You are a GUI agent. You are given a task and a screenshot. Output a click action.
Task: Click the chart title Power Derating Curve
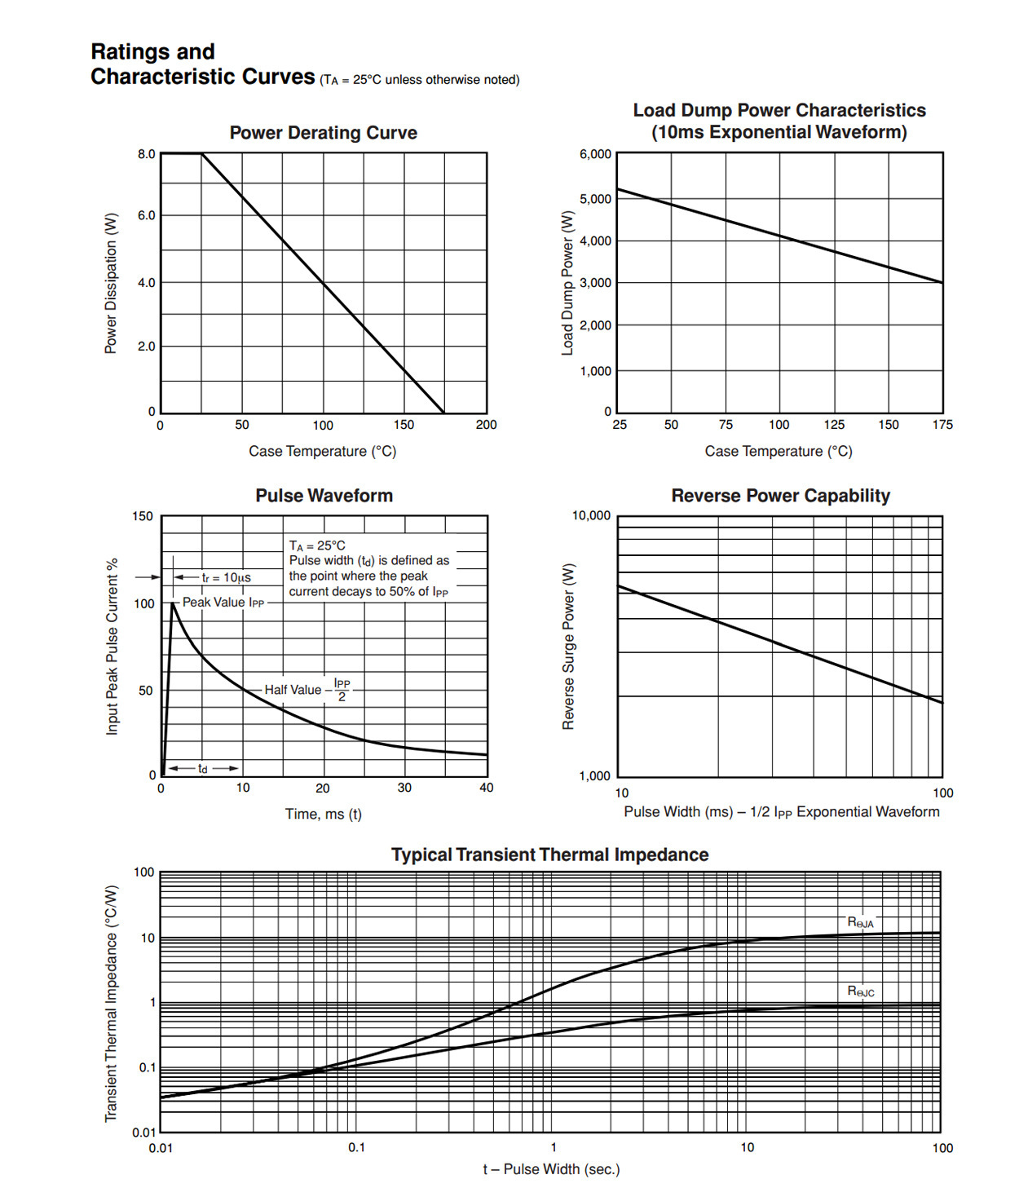323,133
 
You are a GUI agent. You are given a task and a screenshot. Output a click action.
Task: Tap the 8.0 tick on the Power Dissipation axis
146,154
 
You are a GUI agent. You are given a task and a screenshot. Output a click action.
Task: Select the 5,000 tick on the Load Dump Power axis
595,199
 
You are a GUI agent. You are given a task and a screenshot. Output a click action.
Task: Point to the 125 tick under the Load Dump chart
834,425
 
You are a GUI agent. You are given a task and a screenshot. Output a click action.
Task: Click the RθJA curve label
860,922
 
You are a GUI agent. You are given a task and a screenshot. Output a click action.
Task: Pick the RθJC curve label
861,991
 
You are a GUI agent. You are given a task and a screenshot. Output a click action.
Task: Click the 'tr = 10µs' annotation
226,577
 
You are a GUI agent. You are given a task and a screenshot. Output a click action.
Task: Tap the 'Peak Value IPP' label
223,603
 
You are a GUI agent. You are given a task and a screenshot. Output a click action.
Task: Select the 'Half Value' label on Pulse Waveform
293,690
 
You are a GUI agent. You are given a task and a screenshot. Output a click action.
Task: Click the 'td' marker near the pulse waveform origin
203,769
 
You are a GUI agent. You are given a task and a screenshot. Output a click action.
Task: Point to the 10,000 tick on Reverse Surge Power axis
591,515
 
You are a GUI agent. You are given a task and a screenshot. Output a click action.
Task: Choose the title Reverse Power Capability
780,496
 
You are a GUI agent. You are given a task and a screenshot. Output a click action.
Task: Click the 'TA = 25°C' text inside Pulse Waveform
317,545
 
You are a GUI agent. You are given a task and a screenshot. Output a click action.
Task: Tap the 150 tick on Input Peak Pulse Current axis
142,516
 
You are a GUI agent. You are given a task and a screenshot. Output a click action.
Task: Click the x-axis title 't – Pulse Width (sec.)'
551,1169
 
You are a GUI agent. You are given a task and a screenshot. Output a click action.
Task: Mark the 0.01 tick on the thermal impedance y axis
143,1132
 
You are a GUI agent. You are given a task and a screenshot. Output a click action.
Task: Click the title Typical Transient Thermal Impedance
549,855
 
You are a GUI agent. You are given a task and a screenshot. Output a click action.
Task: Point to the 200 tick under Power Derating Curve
486,425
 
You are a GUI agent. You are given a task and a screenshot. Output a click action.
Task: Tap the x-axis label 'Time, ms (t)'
324,814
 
